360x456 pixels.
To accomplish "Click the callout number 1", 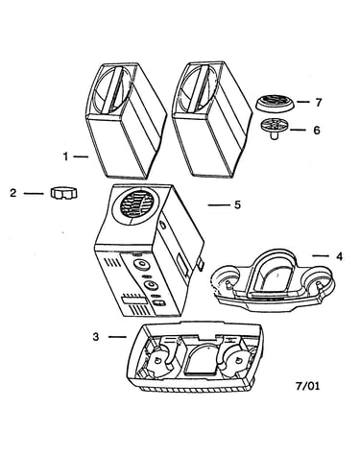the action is [x=65, y=156].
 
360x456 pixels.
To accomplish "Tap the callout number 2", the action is [x=12, y=193].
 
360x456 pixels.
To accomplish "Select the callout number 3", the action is [x=96, y=337].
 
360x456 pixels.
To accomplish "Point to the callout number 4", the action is [x=339, y=256].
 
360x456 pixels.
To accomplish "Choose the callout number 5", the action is [x=237, y=204].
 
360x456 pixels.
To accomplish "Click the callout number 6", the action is [x=317, y=131].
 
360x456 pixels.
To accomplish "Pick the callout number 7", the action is [x=318, y=103].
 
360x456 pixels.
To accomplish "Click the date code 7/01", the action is [x=307, y=386].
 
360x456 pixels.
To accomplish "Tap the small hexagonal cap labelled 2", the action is [x=64, y=193].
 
